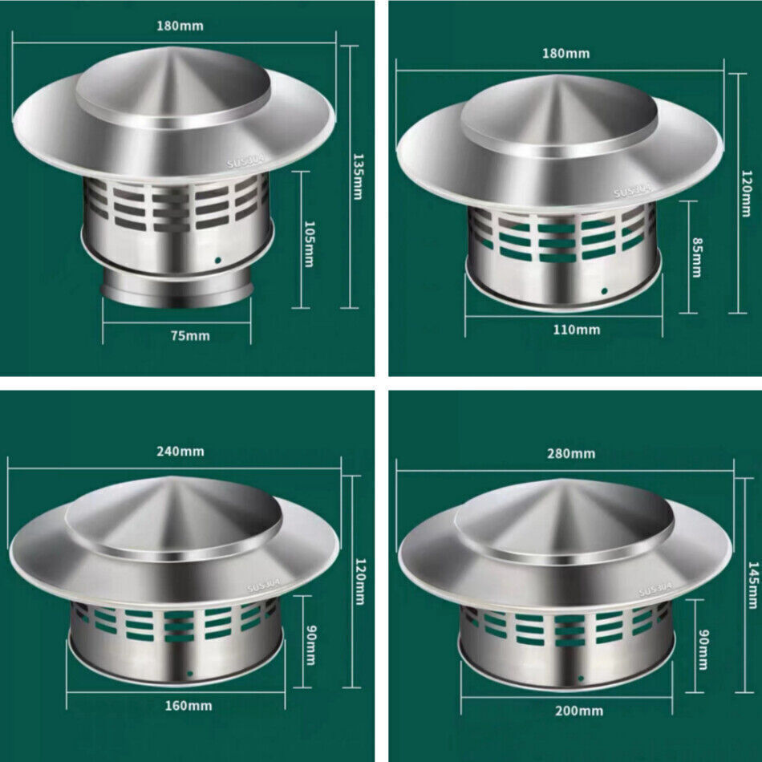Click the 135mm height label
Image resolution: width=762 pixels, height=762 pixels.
point(358,176)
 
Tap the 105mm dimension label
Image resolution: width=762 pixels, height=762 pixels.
point(309,244)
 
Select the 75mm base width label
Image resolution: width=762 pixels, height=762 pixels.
point(190,336)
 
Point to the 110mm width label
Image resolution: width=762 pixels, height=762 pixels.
point(577,330)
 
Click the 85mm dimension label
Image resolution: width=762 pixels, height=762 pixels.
point(696,257)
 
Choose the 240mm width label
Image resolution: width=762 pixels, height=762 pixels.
point(180,452)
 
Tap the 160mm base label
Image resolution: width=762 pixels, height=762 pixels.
point(188,706)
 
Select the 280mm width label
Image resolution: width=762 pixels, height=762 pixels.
point(571,454)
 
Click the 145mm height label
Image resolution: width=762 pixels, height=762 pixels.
point(752,585)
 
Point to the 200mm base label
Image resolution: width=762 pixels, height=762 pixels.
point(579,711)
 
